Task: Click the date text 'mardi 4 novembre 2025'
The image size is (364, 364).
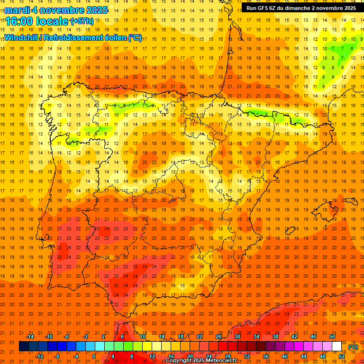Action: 56,10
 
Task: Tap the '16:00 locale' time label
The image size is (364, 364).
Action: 37,21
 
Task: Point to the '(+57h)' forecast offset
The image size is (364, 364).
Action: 82,21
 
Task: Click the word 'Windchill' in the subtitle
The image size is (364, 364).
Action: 23,37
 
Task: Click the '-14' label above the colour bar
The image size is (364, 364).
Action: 30,337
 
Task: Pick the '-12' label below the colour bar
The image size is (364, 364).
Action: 39,356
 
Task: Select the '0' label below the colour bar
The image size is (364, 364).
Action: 94,356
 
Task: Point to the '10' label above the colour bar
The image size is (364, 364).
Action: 142,337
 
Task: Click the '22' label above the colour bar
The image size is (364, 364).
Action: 200,337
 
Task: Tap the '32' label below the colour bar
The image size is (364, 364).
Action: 246,356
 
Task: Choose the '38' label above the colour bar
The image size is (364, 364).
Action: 275,337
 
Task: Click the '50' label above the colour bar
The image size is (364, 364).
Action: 332,337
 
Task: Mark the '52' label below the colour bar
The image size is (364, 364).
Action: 342,356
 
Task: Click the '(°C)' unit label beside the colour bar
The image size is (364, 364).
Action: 353,347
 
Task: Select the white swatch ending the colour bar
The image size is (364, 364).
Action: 337,346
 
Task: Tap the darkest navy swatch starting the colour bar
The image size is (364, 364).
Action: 24,346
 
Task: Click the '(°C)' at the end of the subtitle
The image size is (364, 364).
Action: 135,37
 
